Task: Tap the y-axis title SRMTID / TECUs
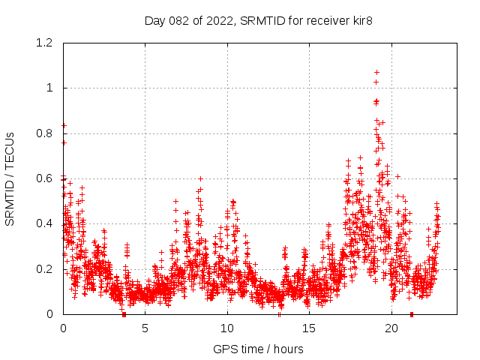point(10,178)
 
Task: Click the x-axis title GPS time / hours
point(258,349)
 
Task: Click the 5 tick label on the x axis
point(145,328)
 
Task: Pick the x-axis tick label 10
point(227,328)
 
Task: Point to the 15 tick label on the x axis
point(310,328)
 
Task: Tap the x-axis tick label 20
point(391,328)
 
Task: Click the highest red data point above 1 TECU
point(376,73)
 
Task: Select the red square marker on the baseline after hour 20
point(412,314)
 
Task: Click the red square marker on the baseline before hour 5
point(124,314)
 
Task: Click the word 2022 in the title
point(222,19)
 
